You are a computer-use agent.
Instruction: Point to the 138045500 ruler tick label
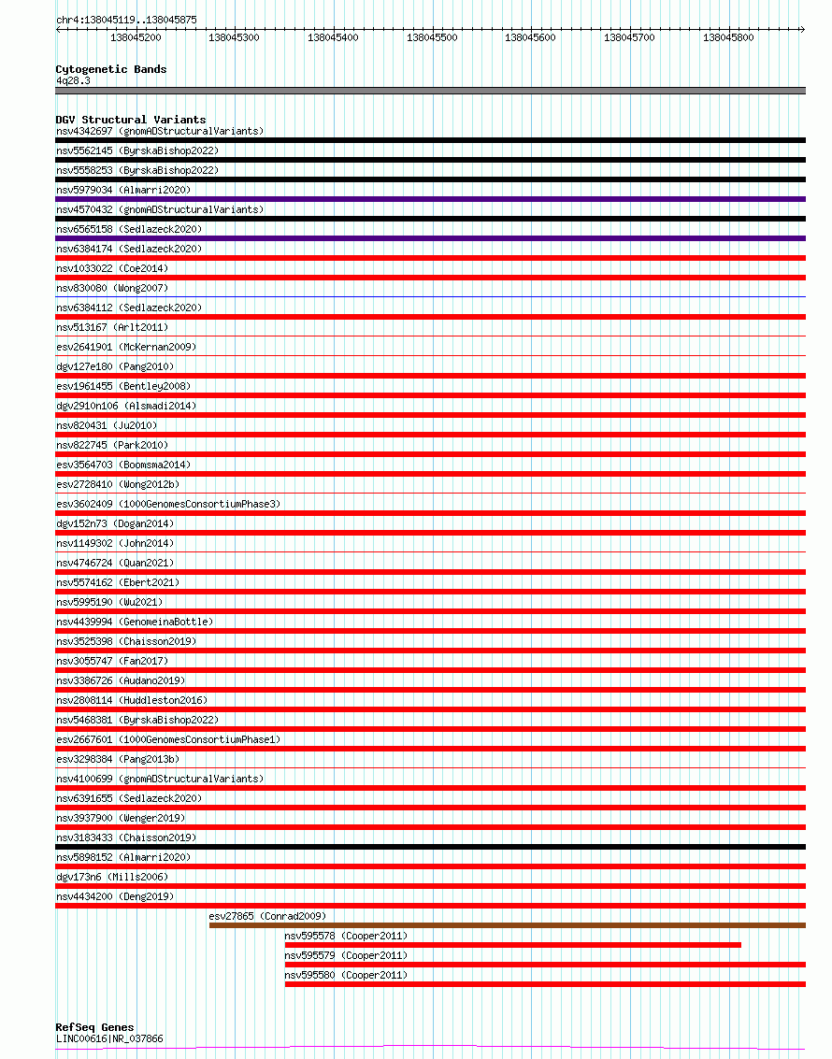coord(432,38)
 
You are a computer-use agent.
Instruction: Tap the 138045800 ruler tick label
coord(728,38)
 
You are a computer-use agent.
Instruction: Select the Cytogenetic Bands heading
coord(110,69)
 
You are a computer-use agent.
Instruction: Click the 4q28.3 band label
coord(73,81)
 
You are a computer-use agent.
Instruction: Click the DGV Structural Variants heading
coord(130,120)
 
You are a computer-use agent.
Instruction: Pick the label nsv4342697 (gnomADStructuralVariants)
coord(160,131)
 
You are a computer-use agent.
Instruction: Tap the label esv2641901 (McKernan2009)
coord(126,347)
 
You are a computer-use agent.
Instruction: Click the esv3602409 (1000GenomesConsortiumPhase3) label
coord(168,504)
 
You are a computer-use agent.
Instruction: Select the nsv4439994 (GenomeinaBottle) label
coord(135,622)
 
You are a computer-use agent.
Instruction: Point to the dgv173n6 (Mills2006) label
coord(111,877)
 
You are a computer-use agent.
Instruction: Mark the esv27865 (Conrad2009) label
coord(267,916)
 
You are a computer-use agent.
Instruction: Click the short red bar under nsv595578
coord(512,945)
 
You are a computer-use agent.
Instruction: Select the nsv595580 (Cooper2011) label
coord(346,975)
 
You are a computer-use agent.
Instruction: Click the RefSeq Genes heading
coord(94,1027)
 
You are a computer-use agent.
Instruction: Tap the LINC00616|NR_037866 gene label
coord(109,1038)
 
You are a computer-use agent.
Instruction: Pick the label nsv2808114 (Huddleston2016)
coord(132,700)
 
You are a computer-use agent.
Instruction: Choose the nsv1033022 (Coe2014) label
coord(112,268)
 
